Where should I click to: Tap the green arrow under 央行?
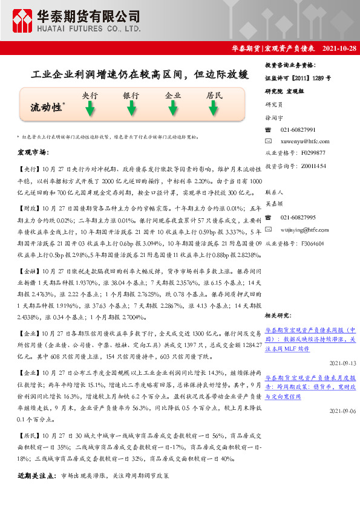tap(90, 109)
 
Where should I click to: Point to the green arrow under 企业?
tap(173, 109)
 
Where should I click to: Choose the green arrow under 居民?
tap(214, 109)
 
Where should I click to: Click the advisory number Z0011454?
tap(313, 165)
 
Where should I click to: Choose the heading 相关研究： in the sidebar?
tap(280, 316)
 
